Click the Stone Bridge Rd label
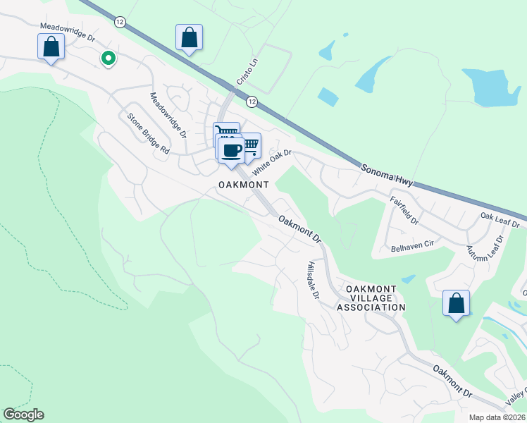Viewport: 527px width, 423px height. pyautogui.click(x=148, y=134)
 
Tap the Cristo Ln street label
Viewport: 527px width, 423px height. pyautogui.click(x=244, y=91)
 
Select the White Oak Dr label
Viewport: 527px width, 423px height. pyautogui.click(x=272, y=161)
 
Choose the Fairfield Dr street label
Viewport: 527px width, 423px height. pyautogui.click(x=404, y=211)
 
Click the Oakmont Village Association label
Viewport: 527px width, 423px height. pyautogui.click(x=371, y=298)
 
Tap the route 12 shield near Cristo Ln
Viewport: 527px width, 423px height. pyautogui.click(x=252, y=102)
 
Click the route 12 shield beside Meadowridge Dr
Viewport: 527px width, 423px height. pyautogui.click(x=120, y=23)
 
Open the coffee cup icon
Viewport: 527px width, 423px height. pyautogui.click(x=230, y=149)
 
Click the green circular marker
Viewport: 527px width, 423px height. pyautogui.click(x=108, y=59)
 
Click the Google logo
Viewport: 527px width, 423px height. pyautogui.click(x=23, y=415)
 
